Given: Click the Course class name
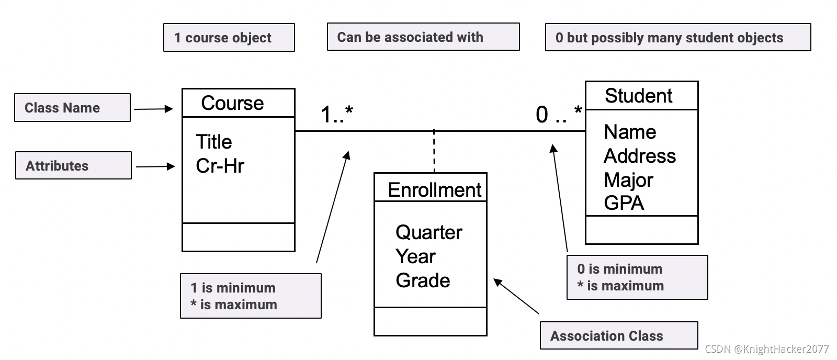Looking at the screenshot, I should pos(232,103).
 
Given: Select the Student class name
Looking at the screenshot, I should pos(638,96).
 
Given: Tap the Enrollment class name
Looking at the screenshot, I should pos(434,189).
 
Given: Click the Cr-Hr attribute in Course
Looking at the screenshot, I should pos(220,166).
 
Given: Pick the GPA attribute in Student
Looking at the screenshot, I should pos(624,203).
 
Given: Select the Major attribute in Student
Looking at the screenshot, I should pos(628,180).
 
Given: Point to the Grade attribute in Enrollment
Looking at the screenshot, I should pos(423,280).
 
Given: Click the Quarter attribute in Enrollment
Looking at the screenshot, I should pos(428,232).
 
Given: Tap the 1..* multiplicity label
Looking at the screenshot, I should pos(336,114).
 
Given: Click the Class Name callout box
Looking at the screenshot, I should pos(72,108).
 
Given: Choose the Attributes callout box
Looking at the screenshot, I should pos(73,166).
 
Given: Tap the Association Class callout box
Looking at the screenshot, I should pos(618,335).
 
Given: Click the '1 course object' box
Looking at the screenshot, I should pos(229,38).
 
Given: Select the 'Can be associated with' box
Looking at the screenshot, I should pos(423,37).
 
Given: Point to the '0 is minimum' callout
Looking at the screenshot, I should pos(637,277).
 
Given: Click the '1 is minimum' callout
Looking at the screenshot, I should pos(250,296).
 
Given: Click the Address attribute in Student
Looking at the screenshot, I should pos(639,156).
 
